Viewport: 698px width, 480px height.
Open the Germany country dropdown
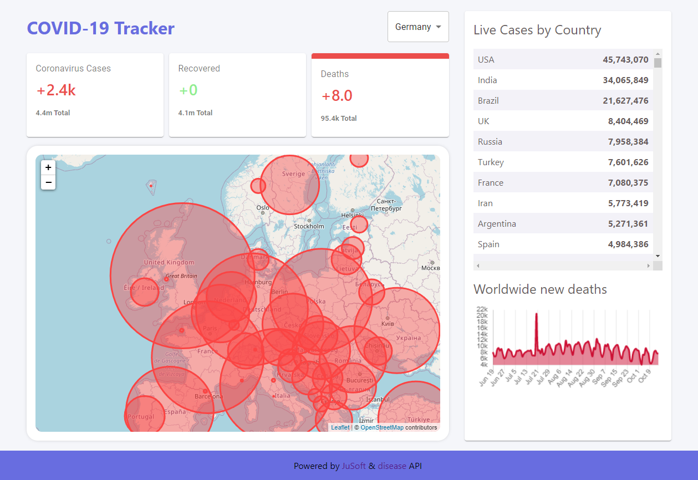coord(418,27)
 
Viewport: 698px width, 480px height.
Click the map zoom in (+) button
coord(48,167)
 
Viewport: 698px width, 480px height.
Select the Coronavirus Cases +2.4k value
coord(56,90)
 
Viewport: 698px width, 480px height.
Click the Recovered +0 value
coord(188,90)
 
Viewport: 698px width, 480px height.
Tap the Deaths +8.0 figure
coord(337,96)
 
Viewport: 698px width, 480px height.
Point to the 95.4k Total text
coord(339,119)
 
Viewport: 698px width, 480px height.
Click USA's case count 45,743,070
coord(625,60)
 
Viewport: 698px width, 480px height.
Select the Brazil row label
coord(488,101)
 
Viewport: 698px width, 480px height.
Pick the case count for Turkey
coord(628,162)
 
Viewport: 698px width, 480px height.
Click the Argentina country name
coord(497,224)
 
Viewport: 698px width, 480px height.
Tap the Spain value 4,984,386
coord(628,244)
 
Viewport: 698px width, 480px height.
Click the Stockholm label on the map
coord(309,226)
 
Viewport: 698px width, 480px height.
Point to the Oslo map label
coord(263,208)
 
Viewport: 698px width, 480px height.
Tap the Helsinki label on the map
coord(352,215)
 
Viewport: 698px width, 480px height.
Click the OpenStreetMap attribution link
coord(382,427)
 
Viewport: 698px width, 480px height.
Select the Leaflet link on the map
coord(340,427)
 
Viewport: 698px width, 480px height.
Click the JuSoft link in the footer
coord(354,466)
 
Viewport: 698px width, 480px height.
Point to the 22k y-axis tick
coord(482,309)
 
